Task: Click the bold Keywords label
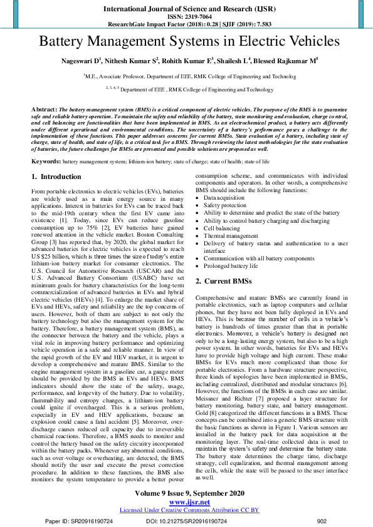(x=46, y=161)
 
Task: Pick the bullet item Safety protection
(x=225, y=205)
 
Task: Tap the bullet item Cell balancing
(x=221, y=228)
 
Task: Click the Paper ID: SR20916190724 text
(x=79, y=521)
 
